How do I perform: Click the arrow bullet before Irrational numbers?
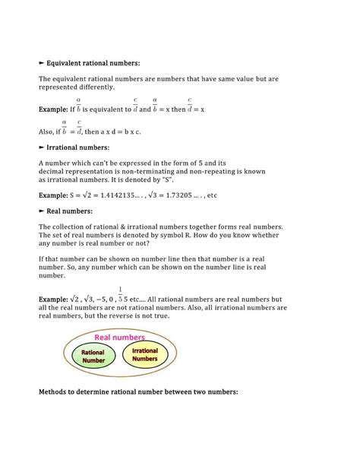(x=41, y=147)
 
